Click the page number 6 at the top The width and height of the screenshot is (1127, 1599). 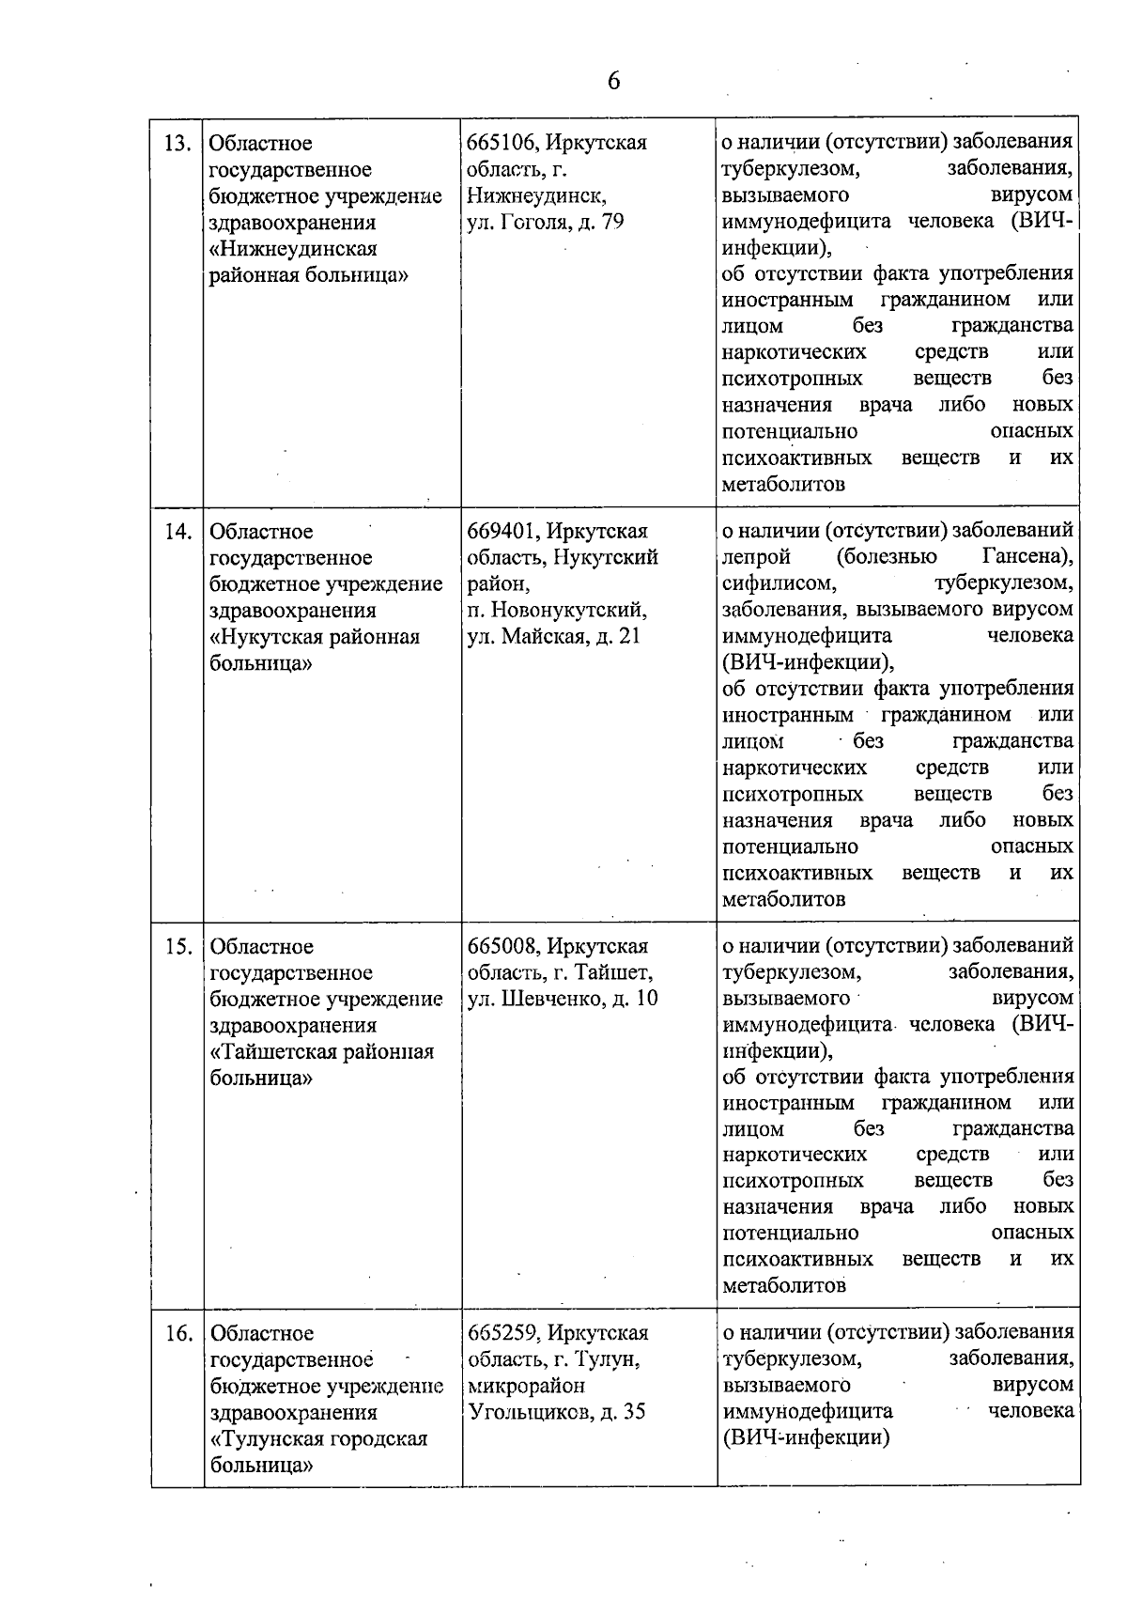point(613,82)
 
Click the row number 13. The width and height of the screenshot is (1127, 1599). point(178,144)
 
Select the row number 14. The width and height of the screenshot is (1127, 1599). point(178,532)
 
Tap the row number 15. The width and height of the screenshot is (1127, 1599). point(178,947)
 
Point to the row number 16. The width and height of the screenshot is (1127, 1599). point(178,1334)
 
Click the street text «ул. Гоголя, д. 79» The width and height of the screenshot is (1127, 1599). point(546,223)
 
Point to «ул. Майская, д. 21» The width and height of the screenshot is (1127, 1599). point(554,636)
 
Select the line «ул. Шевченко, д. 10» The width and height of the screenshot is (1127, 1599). point(563,999)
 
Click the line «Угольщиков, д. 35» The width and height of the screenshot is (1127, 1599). point(556,1412)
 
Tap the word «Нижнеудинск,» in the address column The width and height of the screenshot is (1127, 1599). point(536,196)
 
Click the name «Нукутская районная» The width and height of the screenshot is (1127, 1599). point(315,637)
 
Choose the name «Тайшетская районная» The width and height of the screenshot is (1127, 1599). point(322,1052)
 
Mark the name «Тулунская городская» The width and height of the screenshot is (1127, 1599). point(319,1439)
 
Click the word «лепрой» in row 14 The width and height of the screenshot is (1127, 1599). point(756,557)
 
